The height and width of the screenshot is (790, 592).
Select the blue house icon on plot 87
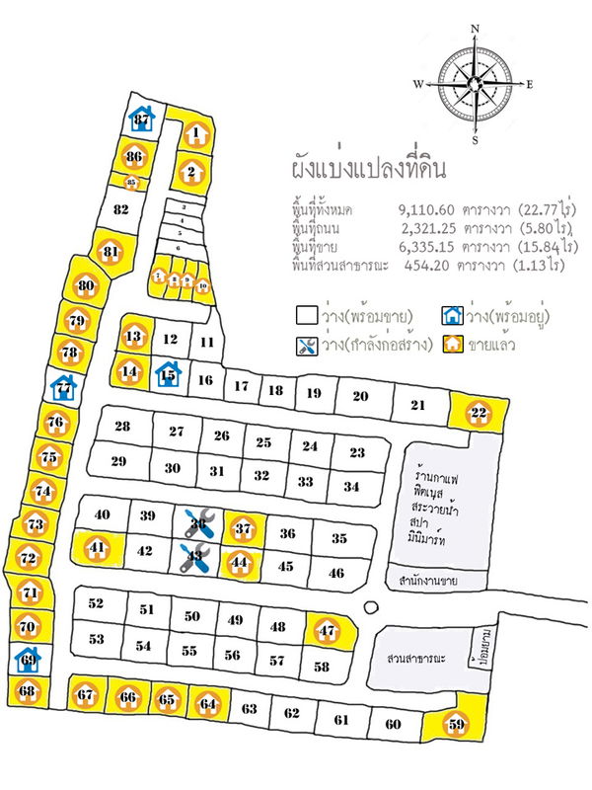[x=142, y=119]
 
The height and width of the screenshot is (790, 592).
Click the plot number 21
[x=417, y=405]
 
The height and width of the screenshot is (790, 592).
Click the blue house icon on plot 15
[x=168, y=374]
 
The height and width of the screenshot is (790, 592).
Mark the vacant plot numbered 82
[x=121, y=209]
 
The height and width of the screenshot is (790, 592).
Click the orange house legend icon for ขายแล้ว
[x=453, y=345]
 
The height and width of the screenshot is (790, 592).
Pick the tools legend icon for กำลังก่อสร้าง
[x=306, y=346]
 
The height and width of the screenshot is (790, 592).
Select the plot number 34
[x=351, y=486]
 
